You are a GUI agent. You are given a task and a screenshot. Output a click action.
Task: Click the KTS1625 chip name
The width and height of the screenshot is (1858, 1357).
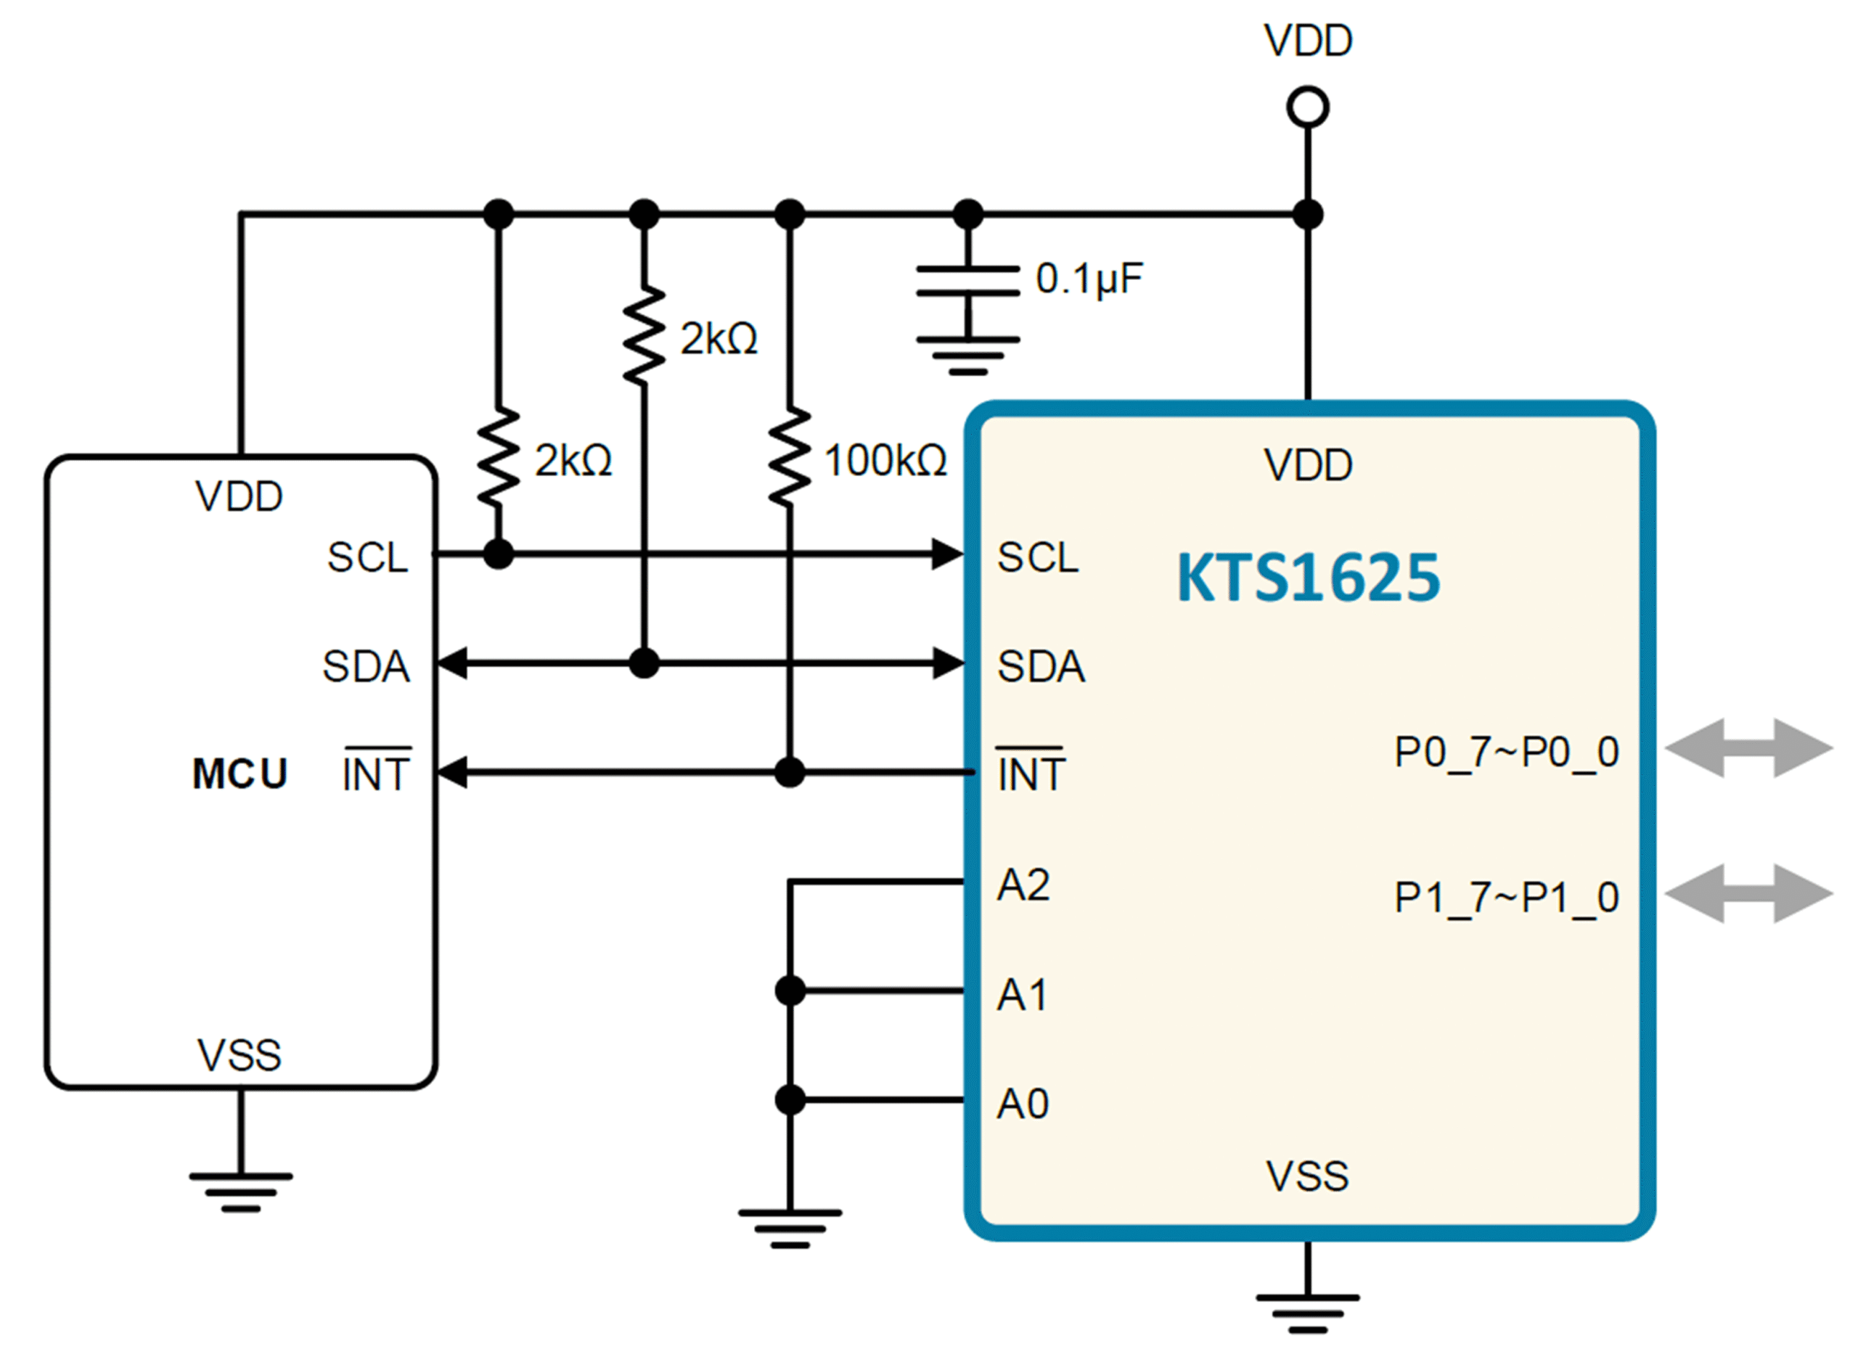(x=1309, y=577)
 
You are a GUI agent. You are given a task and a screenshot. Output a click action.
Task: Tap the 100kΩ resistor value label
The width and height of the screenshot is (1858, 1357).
(x=885, y=460)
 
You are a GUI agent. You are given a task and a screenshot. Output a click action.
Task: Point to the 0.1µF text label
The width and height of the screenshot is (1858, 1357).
(x=1089, y=279)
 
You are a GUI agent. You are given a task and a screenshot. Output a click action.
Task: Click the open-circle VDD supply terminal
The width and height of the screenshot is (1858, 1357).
(x=1308, y=107)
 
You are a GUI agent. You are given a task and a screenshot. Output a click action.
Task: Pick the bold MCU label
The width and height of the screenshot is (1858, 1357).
(x=240, y=774)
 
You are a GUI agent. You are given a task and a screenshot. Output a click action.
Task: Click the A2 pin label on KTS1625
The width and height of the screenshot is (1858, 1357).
(x=1023, y=885)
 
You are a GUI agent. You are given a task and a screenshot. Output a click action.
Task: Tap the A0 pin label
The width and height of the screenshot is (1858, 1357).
(x=1023, y=1103)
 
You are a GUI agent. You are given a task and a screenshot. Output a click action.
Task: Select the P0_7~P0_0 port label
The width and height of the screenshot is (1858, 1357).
(x=1507, y=753)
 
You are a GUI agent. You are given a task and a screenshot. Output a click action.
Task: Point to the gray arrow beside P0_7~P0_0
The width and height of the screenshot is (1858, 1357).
(x=1750, y=747)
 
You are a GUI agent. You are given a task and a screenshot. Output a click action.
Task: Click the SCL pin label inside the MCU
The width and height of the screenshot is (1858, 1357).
(x=368, y=558)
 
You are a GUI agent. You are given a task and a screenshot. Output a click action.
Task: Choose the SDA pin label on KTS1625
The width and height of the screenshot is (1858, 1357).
(x=1041, y=666)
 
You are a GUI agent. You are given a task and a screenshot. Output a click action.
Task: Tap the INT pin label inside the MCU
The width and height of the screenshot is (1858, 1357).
(x=376, y=771)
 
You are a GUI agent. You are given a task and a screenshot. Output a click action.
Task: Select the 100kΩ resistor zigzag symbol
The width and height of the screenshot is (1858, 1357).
(x=790, y=455)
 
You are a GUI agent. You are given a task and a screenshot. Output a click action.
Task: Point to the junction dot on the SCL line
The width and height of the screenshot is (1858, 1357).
(x=498, y=554)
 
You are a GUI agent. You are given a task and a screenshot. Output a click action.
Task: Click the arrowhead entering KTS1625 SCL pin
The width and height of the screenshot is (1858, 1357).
(x=948, y=554)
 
